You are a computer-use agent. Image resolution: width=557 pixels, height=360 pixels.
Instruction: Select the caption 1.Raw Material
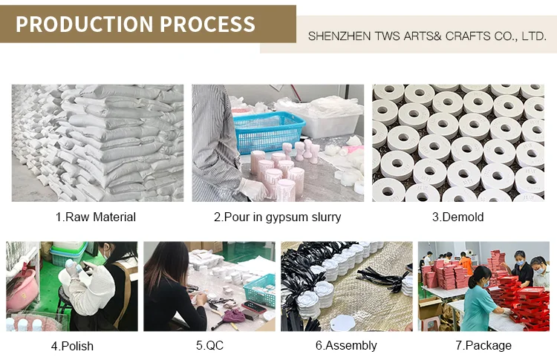(96, 217)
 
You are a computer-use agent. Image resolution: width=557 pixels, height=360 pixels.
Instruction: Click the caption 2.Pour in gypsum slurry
(277, 217)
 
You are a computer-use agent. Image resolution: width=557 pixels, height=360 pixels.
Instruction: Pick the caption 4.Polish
(72, 346)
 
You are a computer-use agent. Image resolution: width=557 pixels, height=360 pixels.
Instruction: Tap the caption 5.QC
(209, 346)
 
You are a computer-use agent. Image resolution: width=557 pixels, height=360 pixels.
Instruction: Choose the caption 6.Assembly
(346, 346)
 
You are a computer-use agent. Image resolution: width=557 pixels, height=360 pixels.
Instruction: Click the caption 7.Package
(483, 346)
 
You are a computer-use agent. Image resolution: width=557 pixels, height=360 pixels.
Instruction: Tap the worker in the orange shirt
(466, 263)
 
